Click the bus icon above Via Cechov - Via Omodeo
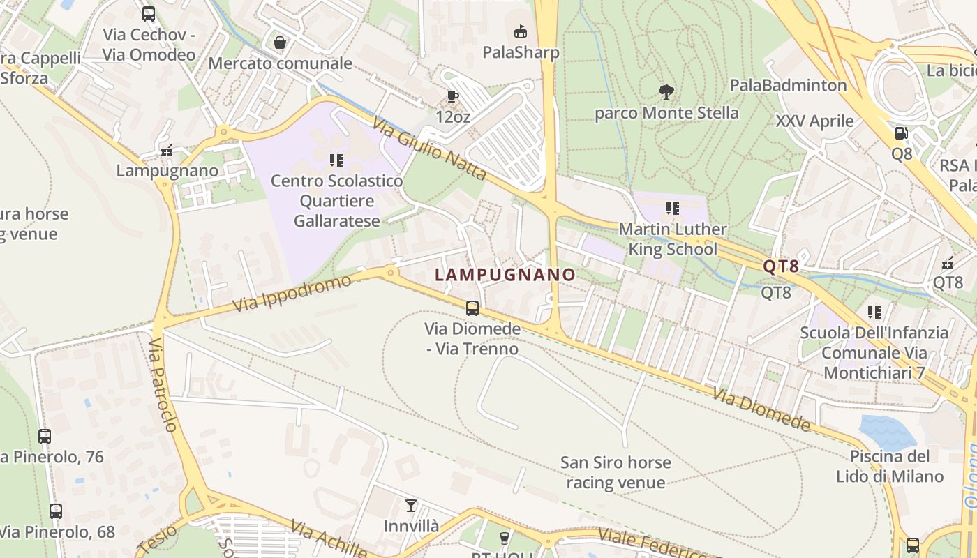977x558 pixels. tap(148, 13)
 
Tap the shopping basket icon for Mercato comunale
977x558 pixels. tap(280, 43)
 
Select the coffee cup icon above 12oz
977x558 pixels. tap(452, 96)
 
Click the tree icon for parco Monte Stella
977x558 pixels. tap(666, 91)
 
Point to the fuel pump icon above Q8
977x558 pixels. tap(901, 133)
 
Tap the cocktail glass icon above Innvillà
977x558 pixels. tap(411, 505)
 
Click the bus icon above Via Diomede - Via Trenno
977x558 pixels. tap(472, 308)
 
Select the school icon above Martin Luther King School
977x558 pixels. tap(673, 208)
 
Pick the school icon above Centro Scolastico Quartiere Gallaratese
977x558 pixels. tap(336, 160)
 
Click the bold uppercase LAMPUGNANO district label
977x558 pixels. tap(505, 275)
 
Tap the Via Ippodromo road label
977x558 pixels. tap(292, 294)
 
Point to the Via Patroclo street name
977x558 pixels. tap(165, 384)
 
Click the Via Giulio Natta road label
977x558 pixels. tap(429, 149)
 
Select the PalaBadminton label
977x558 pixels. tap(788, 85)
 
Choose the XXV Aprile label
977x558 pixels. tap(814, 121)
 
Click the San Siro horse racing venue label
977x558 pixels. tap(615, 472)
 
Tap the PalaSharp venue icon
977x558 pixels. tap(520, 31)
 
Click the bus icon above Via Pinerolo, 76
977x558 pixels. tap(45, 437)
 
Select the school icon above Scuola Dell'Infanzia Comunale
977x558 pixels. tap(874, 312)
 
